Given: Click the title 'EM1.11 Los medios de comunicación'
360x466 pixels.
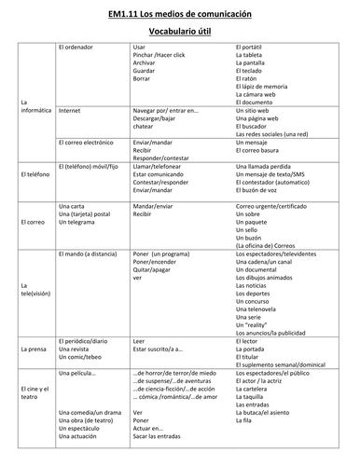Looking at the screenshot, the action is pos(179,12).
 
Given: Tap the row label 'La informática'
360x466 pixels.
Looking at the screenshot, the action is pos(35,105).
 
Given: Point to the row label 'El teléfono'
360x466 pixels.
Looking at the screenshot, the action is pos(35,174).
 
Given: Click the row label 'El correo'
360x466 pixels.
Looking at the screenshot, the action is pos(33,222).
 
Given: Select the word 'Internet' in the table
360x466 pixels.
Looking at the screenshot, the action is pos(69,110).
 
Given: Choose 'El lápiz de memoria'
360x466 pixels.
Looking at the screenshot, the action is pos(267,86).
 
